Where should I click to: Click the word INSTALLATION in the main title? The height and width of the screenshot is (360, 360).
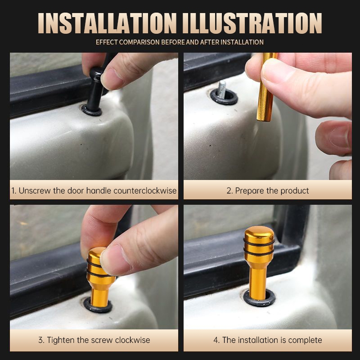pyautogui.click(x=107, y=23)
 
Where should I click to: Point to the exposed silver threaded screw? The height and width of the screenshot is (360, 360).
pyautogui.click(x=222, y=87)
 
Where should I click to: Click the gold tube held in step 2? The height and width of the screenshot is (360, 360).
pyautogui.click(x=266, y=87)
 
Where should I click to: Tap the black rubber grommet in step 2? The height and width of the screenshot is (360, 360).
pyautogui.click(x=224, y=97)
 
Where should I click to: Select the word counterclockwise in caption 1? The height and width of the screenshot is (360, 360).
pyautogui.click(x=145, y=191)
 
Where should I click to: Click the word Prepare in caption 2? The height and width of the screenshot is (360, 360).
pyautogui.click(x=250, y=191)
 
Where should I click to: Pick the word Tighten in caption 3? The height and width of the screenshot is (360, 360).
pyautogui.click(x=61, y=340)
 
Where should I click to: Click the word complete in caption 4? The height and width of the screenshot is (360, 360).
pyautogui.click(x=305, y=340)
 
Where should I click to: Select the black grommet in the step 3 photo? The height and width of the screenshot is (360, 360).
pyautogui.click(x=98, y=306)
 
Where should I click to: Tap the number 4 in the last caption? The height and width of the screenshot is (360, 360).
pyautogui.click(x=216, y=340)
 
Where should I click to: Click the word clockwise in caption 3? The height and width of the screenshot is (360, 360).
pyautogui.click(x=132, y=340)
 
